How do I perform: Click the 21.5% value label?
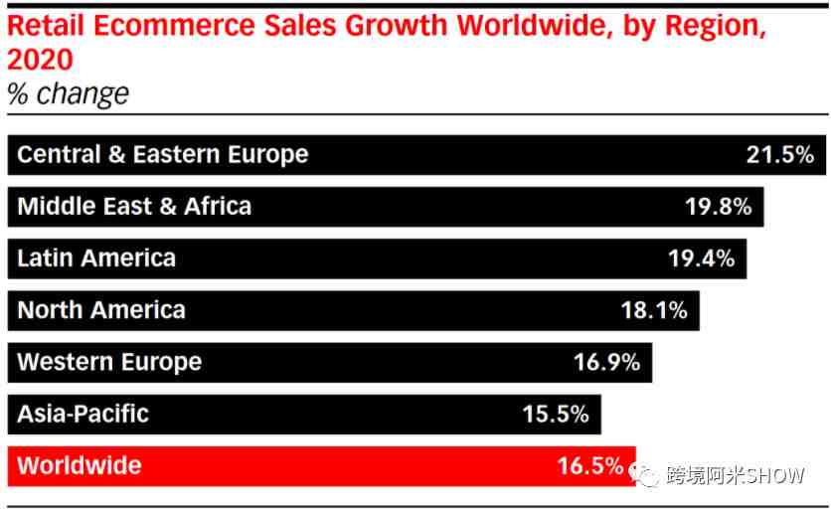coord(779,155)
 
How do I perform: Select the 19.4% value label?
coord(701,258)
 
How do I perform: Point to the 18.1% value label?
coord(654,310)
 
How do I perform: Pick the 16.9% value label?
coord(606,362)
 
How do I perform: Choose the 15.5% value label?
coord(556,414)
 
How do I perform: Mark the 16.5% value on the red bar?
coord(590,465)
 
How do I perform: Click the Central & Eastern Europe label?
coord(163,155)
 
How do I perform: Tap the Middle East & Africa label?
coord(134,207)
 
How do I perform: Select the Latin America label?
coord(96,258)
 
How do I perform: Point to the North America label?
coord(101,310)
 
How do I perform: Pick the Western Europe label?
coord(109,362)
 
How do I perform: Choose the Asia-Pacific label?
coord(83,414)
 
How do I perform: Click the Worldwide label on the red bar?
coord(80,465)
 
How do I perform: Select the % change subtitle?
coord(68,93)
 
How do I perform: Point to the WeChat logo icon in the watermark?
coord(647,474)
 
